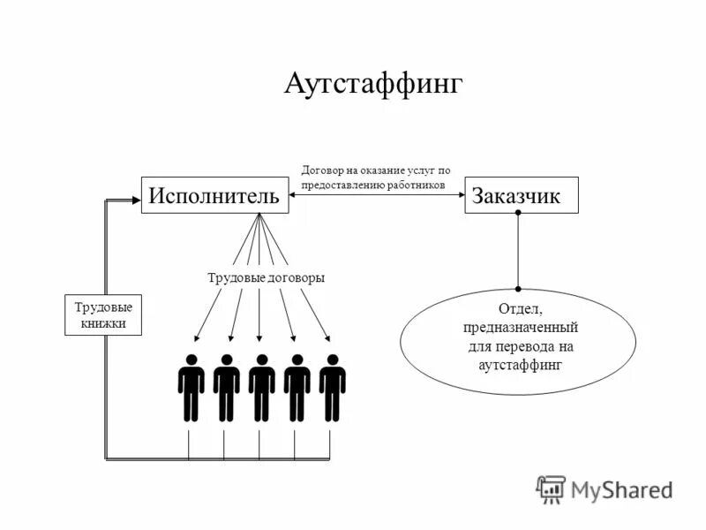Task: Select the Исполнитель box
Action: (216, 195)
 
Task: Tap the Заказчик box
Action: (522, 195)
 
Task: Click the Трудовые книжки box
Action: (102, 315)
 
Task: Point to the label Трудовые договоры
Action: (267, 277)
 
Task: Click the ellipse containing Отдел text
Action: (518, 340)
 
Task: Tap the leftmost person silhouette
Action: (191, 387)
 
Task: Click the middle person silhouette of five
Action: (261, 387)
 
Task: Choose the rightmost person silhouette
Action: (332, 387)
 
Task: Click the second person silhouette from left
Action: (226, 387)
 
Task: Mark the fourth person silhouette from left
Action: (297, 387)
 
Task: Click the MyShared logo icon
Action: (551, 488)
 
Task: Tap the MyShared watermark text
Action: (621, 489)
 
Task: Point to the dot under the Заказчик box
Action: (518, 215)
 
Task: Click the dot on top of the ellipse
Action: (518, 288)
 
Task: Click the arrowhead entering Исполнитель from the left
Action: (137, 201)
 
